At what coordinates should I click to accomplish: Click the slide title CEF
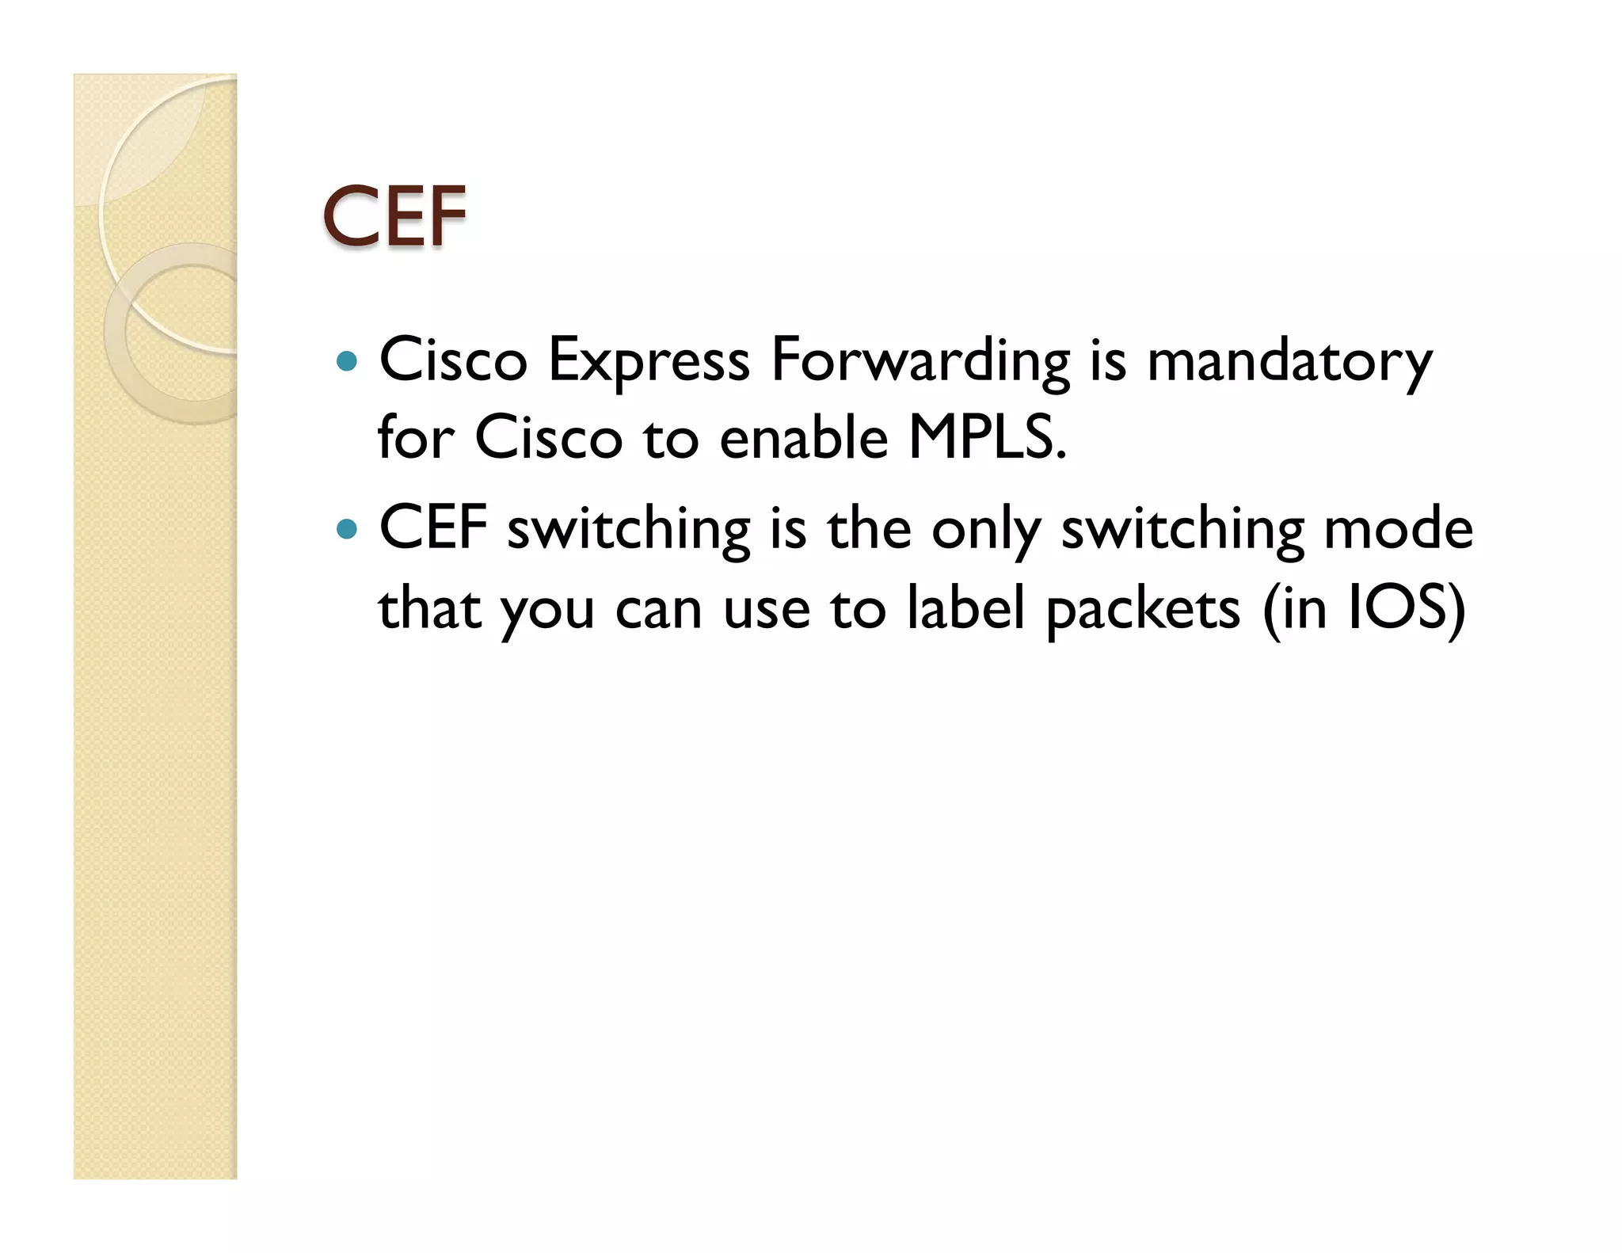(x=394, y=215)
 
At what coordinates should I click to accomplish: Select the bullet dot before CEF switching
(x=346, y=529)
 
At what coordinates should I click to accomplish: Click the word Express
(x=649, y=362)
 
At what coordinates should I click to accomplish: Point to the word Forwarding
(x=920, y=362)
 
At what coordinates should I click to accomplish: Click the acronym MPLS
(x=987, y=437)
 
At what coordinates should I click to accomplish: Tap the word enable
(x=804, y=437)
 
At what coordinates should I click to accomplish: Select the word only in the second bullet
(x=985, y=529)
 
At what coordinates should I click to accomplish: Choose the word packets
(x=1143, y=610)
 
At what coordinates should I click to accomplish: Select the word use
(x=767, y=610)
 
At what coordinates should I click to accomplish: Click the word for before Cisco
(x=416, y=437)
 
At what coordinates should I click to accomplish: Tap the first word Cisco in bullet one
(x=453, y=362)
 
